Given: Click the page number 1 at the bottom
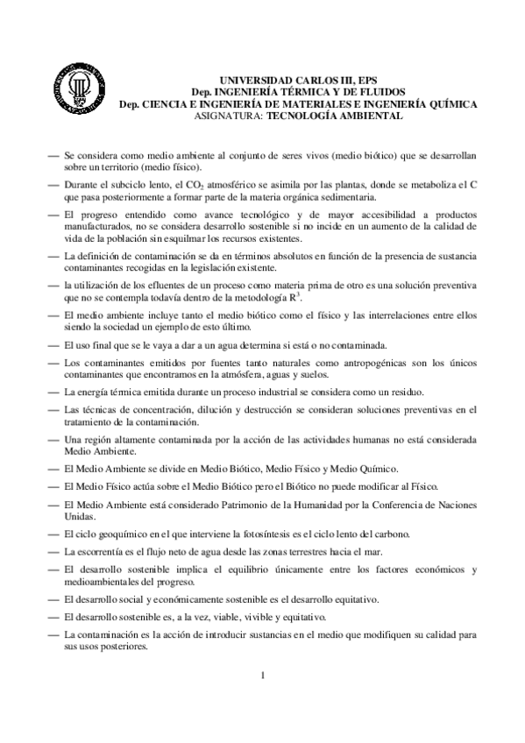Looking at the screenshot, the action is pyautogui.click(x=261, y=676).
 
